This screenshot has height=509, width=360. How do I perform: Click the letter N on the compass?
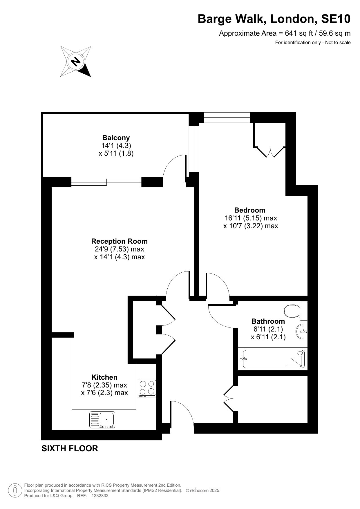coord(76,61)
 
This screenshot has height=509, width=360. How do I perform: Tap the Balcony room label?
coord(116,137)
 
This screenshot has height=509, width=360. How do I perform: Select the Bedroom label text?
coord(250,210)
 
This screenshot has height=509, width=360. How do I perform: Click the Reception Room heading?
coord(119,241)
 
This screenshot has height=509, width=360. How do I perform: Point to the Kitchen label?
coord(104,377)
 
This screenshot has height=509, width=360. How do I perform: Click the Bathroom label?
coord(268,321)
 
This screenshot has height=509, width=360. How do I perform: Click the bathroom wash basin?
coord(302,331)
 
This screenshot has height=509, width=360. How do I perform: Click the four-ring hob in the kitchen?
coord(147,388)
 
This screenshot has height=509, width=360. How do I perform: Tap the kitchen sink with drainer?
coord(102,420)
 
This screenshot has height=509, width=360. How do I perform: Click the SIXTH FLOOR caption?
coord(70,448)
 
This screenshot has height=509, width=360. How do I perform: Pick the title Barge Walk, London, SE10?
coord(274,19)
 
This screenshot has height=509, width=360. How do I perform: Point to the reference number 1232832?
coord(100,496)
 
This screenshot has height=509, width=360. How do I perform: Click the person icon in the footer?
coord(15,490)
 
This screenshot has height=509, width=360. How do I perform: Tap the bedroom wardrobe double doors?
coord(270,152)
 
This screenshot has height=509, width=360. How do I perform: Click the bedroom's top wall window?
coord(227,117)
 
